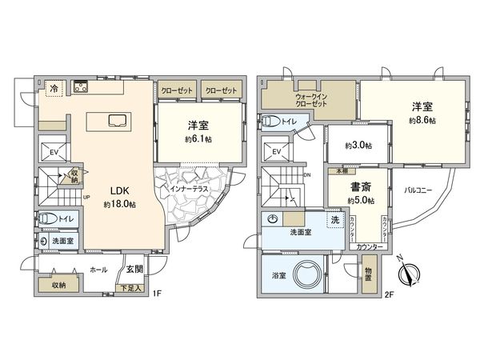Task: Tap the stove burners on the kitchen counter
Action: tap(81, 87)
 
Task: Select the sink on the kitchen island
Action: tap(115, 122)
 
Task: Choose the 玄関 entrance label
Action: tap(134, 270)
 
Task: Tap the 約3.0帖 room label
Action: tap(356, 145)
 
